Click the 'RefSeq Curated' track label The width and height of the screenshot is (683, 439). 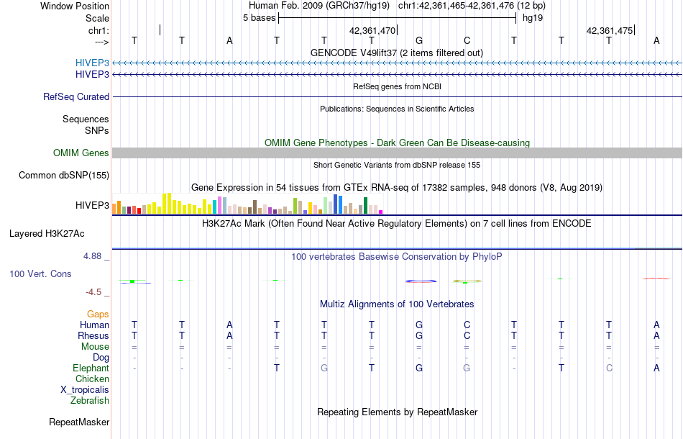76,96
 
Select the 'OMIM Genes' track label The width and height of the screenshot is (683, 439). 81,153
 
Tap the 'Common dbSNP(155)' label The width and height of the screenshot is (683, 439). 64,175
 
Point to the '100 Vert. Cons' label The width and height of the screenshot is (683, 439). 40,274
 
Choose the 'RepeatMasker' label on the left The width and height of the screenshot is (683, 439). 79,422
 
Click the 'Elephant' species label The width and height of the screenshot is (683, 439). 91,368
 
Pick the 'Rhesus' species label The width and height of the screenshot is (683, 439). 93,335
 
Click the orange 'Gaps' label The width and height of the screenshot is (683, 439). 98,314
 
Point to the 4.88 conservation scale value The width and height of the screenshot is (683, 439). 95,255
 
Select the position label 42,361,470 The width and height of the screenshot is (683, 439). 372,30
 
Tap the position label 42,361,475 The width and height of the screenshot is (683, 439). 610,30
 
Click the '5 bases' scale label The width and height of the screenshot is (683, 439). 259,17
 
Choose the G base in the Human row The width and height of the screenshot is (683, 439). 419,325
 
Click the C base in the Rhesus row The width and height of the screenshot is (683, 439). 467,335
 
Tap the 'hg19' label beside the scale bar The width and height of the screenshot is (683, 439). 531,17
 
